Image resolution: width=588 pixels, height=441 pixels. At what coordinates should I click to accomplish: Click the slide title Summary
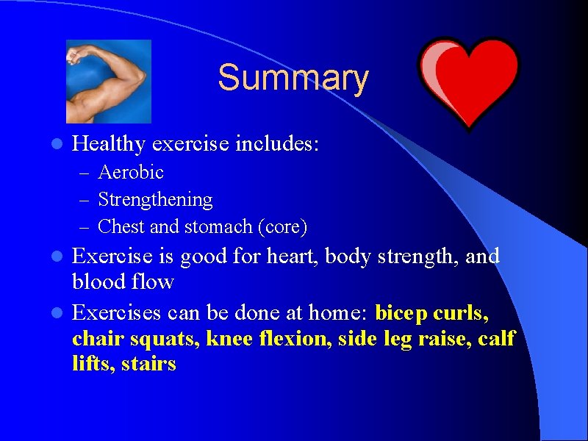point(293,79)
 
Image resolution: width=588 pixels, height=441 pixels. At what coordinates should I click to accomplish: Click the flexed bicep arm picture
point(108,81)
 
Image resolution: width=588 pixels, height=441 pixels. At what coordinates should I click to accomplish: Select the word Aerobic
point(131,173)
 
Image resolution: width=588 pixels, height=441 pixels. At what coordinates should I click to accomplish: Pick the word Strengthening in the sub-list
point(155,200)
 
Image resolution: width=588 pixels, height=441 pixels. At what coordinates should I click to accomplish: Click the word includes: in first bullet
point(276,143)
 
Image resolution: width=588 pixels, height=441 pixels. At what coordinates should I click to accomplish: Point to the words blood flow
point(123,282)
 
